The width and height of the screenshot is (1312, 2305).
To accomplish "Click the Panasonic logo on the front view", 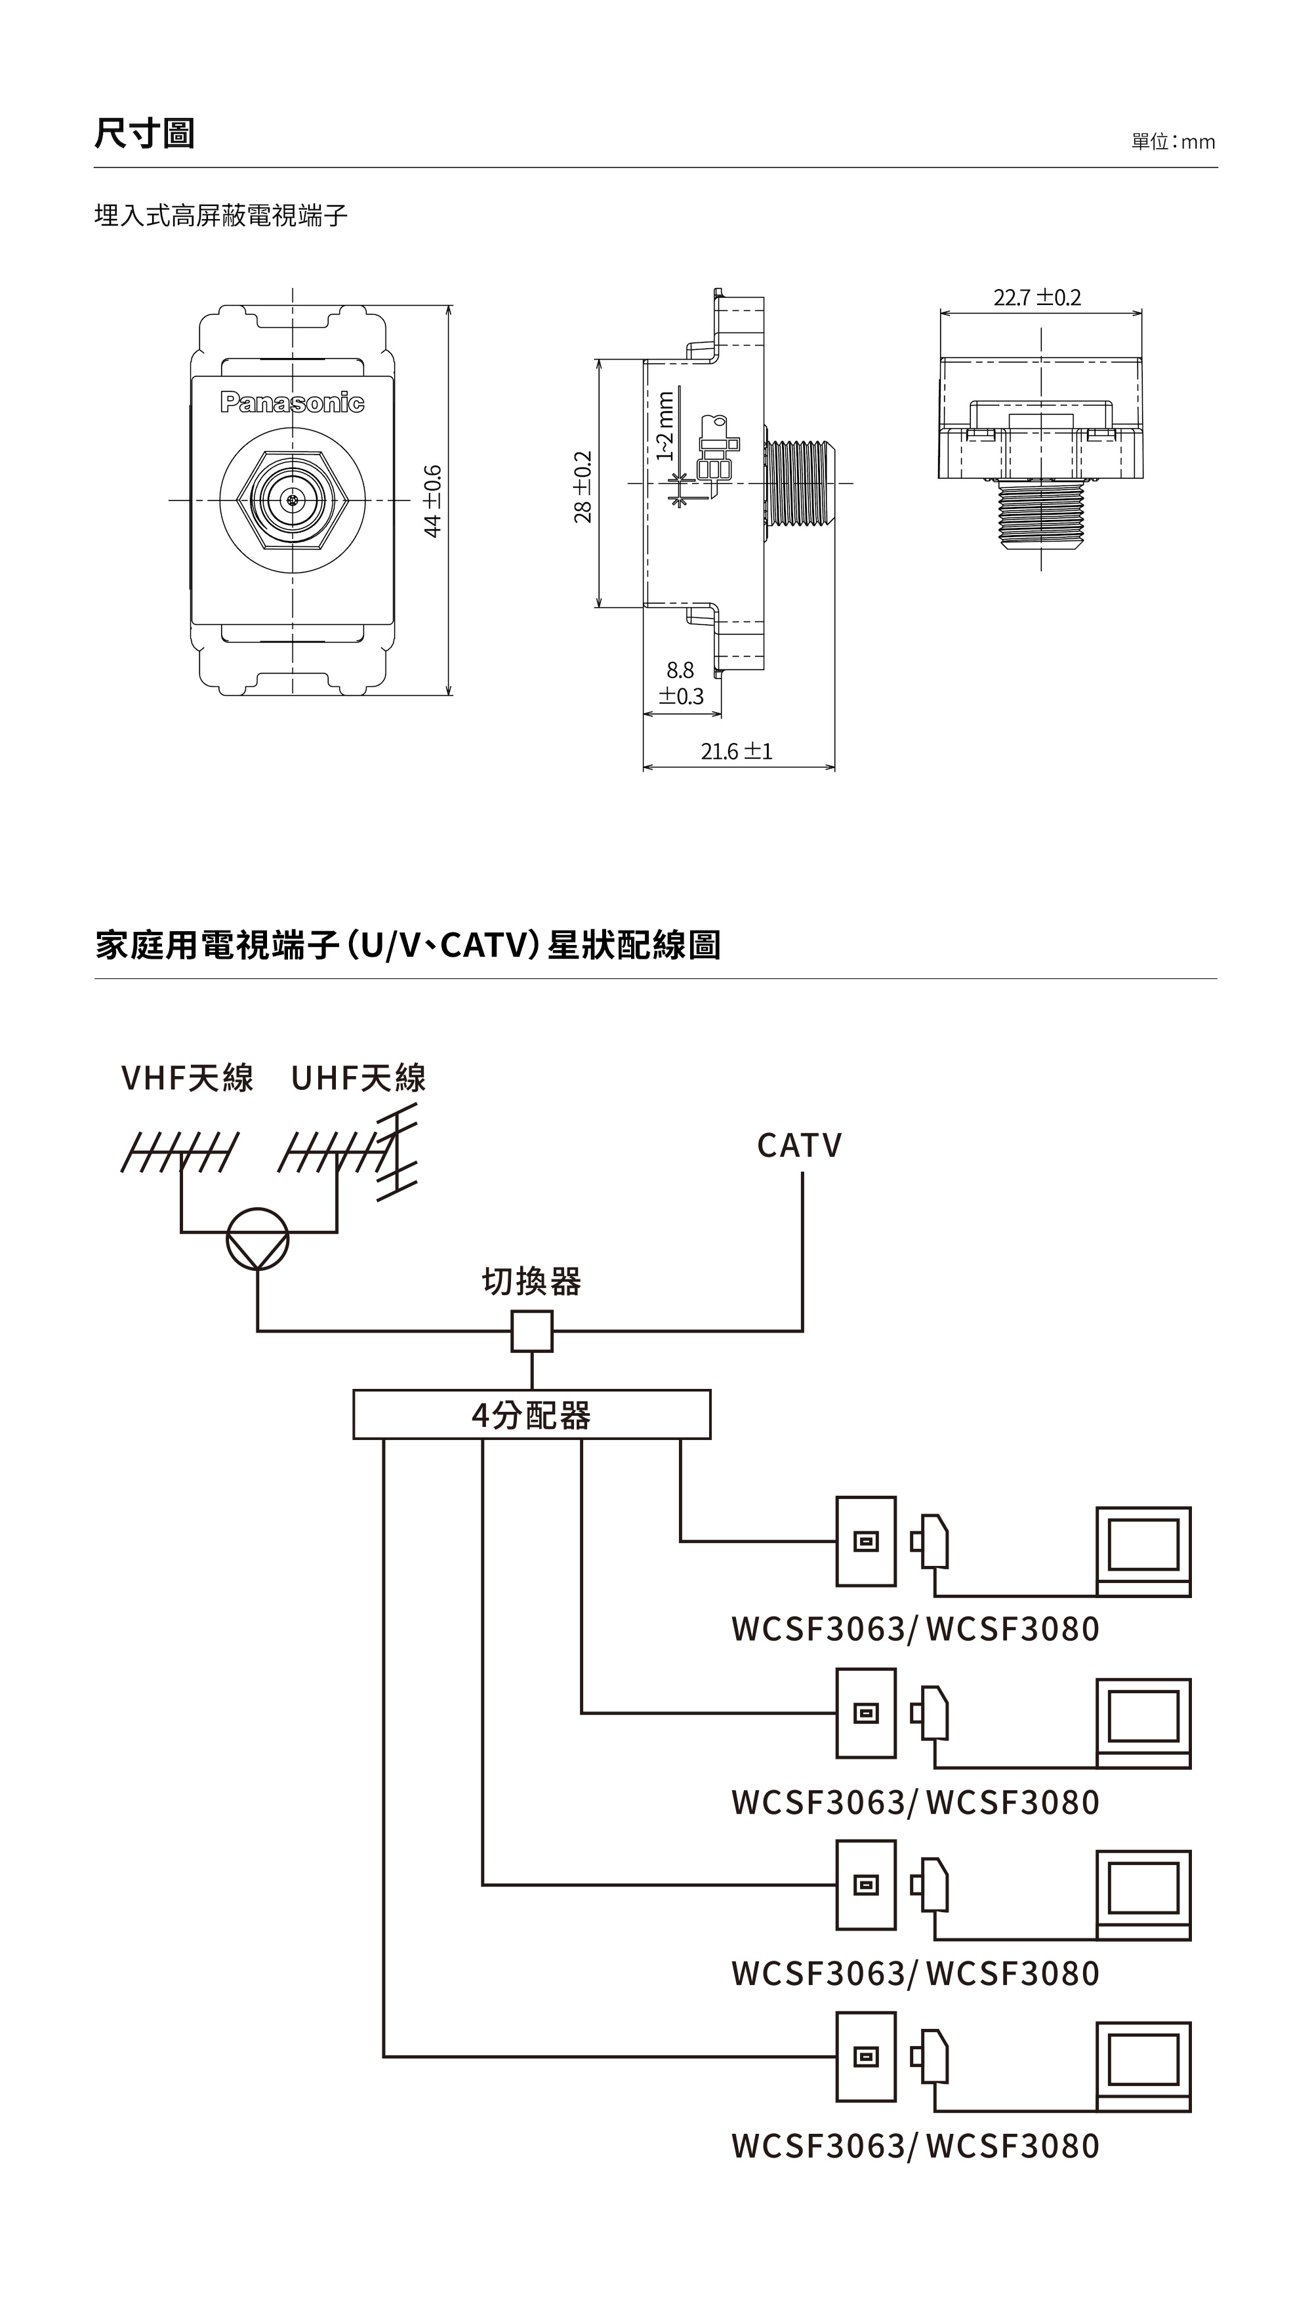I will tap(292, 402).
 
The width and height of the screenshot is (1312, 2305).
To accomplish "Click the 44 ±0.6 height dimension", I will tap(434, 501).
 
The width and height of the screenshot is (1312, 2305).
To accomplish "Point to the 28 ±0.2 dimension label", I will tap(584, 487).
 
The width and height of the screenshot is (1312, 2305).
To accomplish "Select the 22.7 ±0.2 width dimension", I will tap(1037, 297).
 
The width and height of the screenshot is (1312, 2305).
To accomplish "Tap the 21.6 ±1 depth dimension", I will tap(736, 752).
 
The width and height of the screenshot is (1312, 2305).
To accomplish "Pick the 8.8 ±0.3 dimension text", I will tap(680, 683).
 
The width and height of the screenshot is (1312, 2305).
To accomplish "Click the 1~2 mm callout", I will tap(665, 425).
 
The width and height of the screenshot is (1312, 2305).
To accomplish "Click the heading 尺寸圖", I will tap(144, 133).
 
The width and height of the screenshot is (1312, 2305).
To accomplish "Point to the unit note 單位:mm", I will tap(1172, 142).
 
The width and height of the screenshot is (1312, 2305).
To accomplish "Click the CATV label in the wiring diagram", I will tap(799, 1146).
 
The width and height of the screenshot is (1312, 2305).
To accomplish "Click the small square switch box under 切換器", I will tap(531, 1331).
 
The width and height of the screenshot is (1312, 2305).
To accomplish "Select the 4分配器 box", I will tap(531, 1415).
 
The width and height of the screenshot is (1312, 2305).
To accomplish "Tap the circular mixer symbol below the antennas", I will tap(258, 1239).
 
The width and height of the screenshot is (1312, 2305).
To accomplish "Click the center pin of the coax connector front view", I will tap(292, 500).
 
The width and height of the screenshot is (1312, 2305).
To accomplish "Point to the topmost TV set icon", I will tap(1143, 1551).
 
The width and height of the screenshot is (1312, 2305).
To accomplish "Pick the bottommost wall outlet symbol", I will tap(866, 2056).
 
